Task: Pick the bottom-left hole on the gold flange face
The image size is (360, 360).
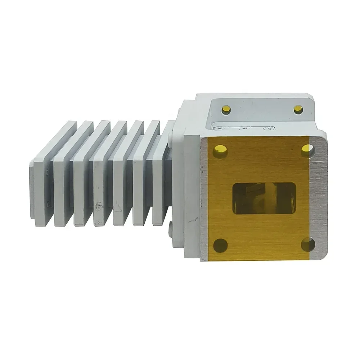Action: pos(220,245)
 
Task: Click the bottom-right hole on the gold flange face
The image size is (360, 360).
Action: pos(307,245)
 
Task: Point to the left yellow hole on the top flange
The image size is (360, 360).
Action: pos(226,109)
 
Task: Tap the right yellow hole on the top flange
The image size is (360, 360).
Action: pos(298,109)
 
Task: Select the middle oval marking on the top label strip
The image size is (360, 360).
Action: pos(243,128)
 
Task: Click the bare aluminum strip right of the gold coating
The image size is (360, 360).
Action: pos(318,201)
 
